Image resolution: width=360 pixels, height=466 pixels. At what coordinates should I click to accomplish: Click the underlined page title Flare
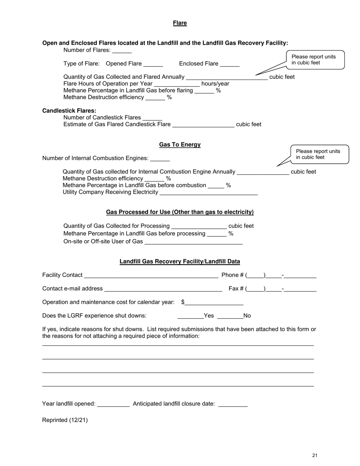(180, 23)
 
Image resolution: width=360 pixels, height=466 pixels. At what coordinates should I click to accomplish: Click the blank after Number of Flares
(122, 51)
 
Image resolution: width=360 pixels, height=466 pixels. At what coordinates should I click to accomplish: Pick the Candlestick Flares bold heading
(69, 111)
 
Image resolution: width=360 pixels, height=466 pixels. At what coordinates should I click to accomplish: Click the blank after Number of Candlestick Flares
(152, 118)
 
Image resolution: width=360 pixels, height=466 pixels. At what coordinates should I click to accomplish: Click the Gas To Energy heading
(180, 145)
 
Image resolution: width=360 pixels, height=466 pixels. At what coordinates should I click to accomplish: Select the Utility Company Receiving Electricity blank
(209, 193)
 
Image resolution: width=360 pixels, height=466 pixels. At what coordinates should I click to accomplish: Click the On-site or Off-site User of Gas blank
(194, 242)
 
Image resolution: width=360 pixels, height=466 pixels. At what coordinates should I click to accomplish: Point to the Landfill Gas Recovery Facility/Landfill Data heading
(180, 262)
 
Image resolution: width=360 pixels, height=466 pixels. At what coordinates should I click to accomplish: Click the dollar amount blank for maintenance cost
(214, 303)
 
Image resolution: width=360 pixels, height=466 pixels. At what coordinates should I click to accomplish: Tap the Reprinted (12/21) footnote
(65, 420)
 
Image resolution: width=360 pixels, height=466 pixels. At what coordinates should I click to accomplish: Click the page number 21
(315, 455)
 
